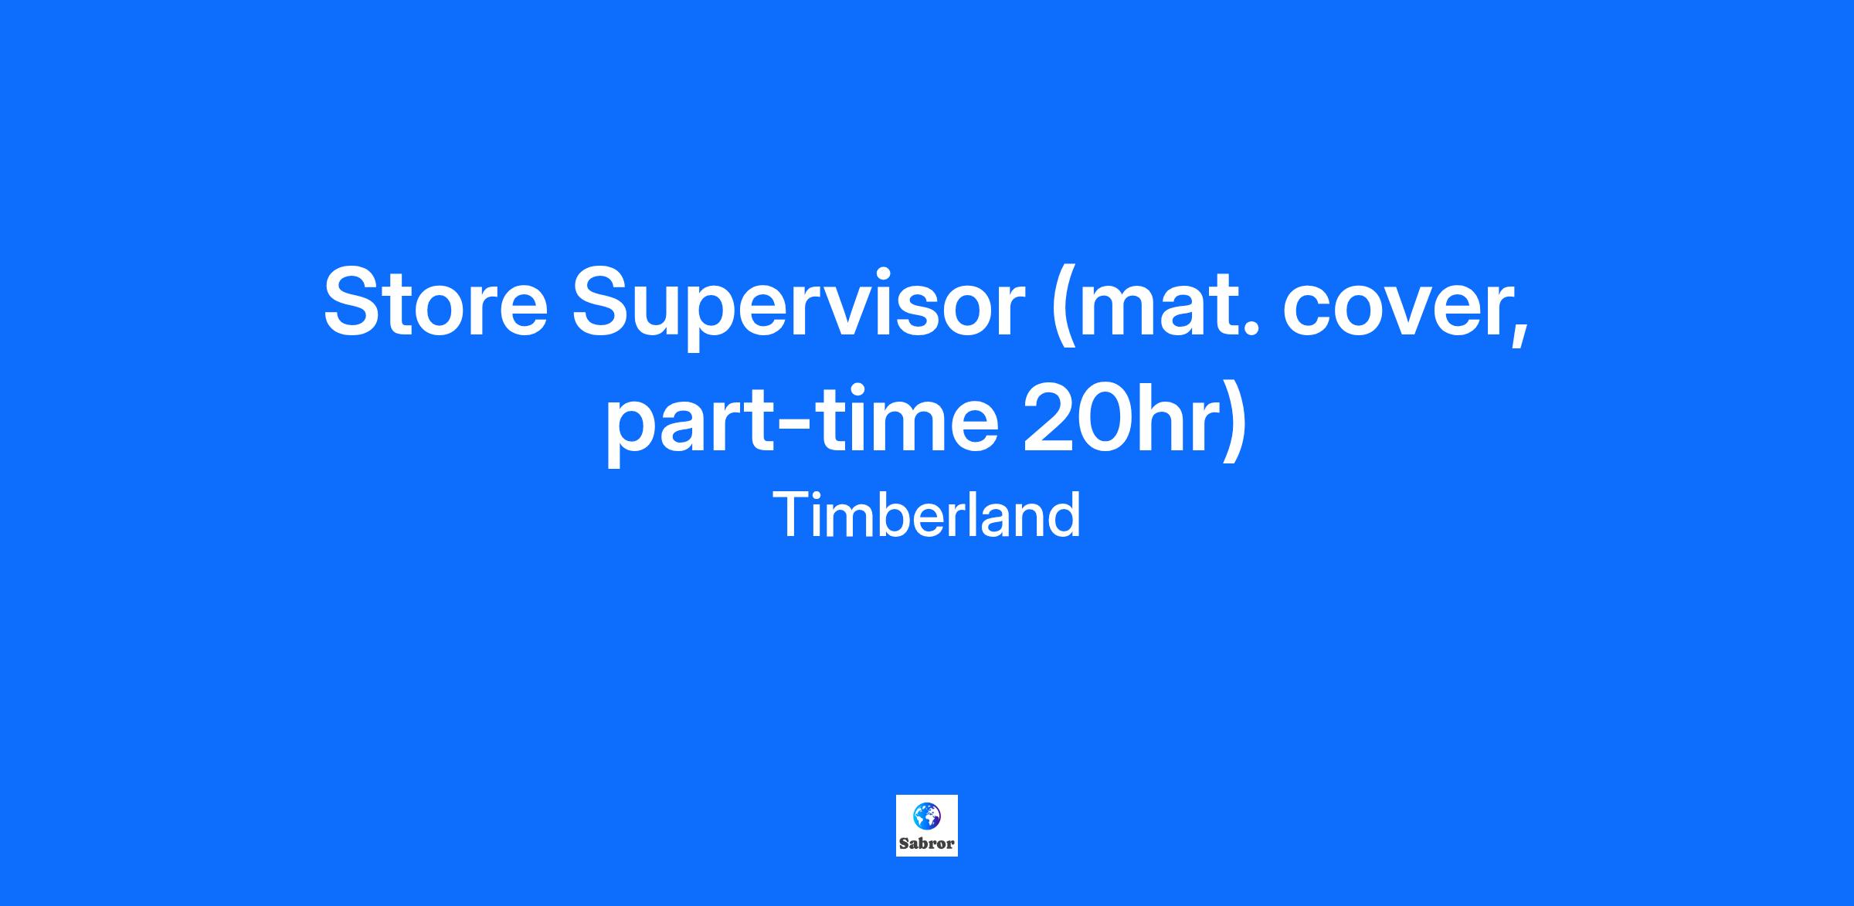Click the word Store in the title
(x=436, y=302)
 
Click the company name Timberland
(x=926, y=515)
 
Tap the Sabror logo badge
(x=927, y=826)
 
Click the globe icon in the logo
(x=927, y=816)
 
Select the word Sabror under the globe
(x=927, y=843)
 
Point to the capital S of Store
(x=355, y=302)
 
